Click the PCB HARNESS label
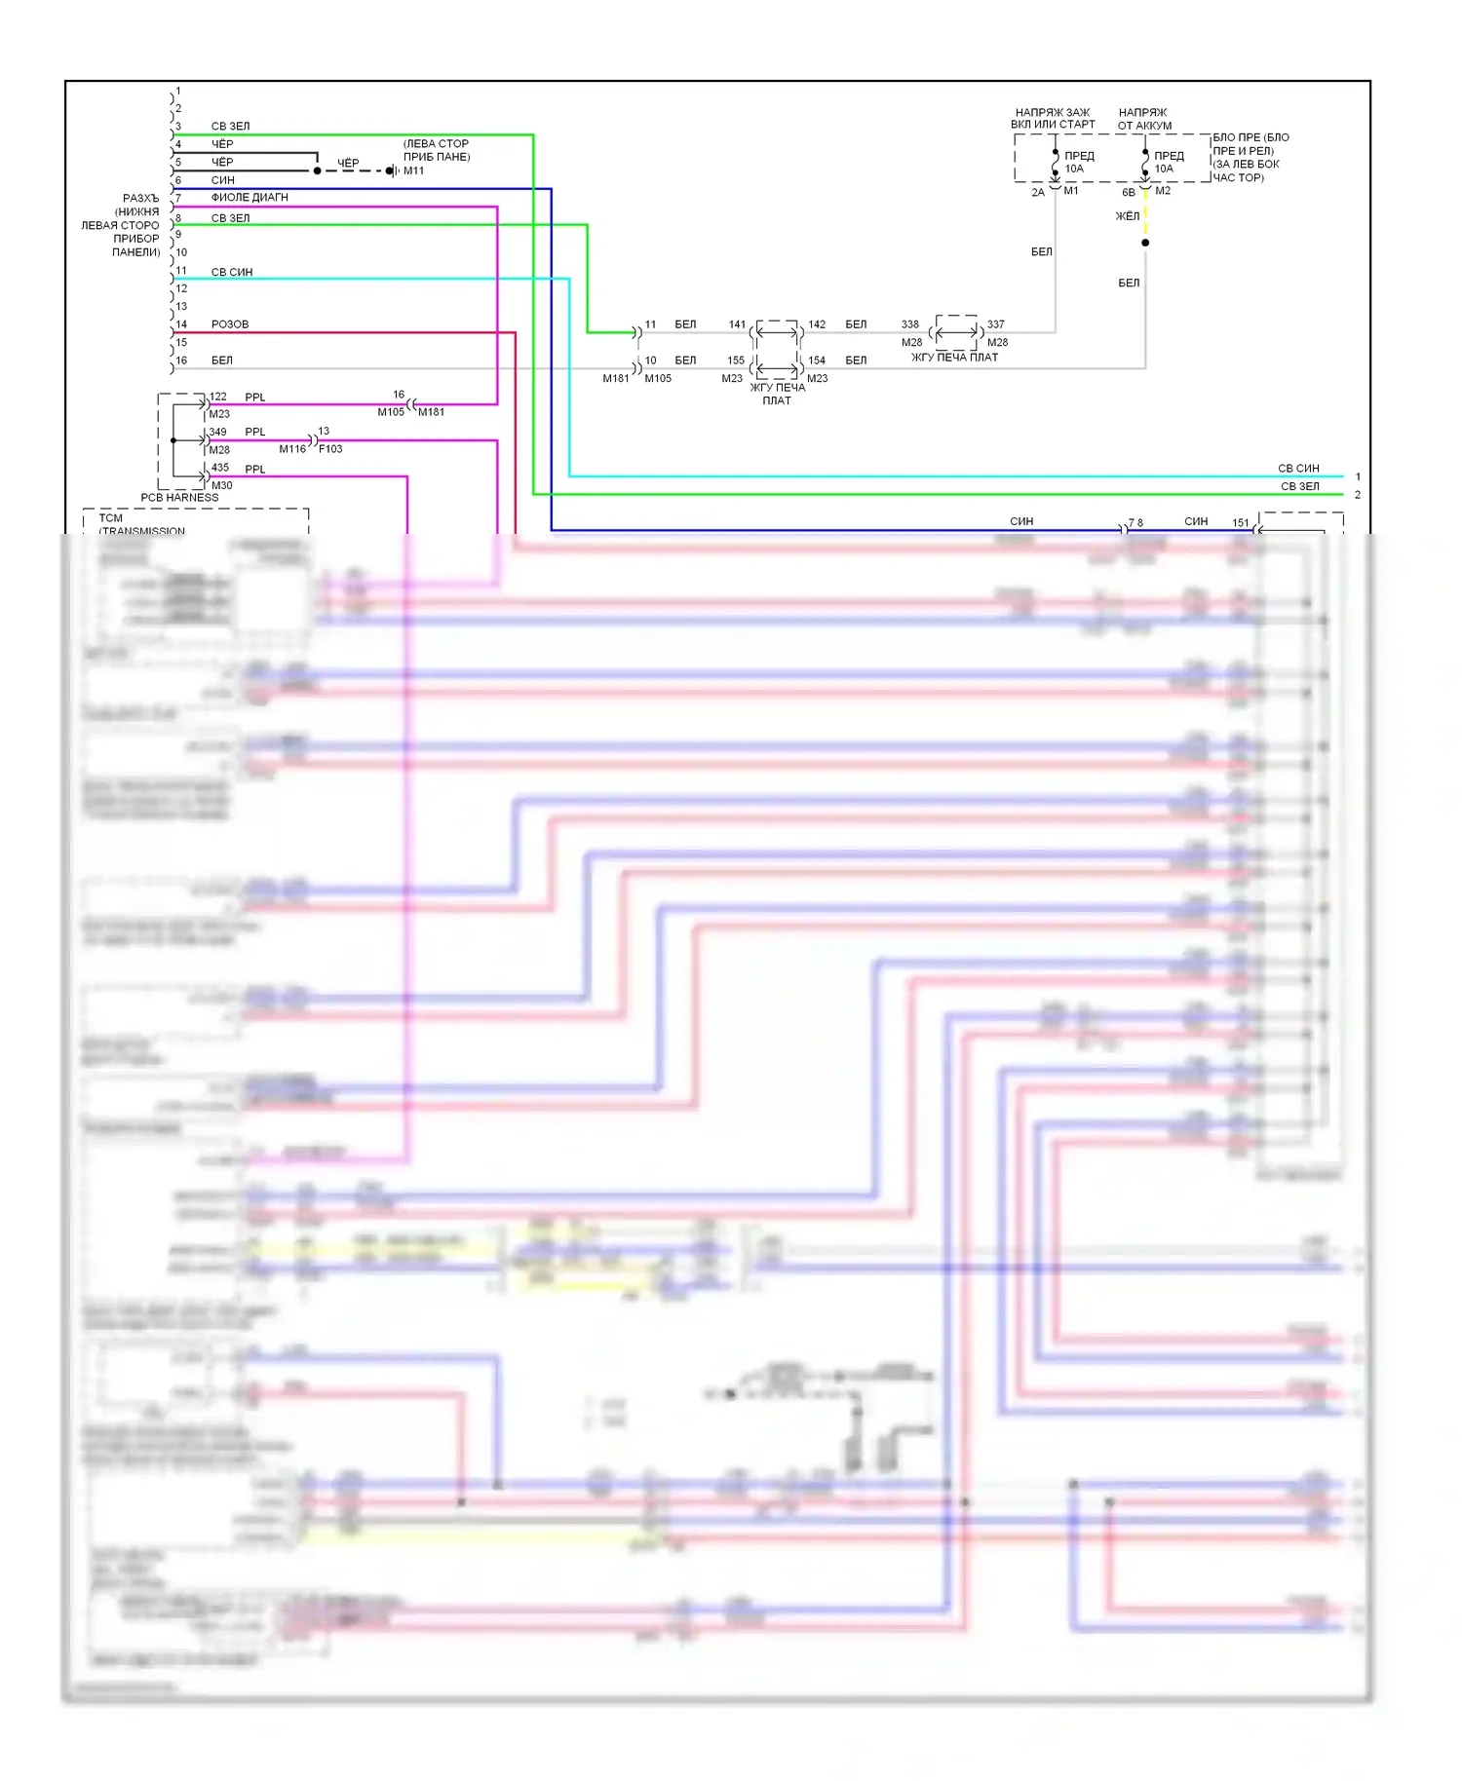pyautogui.click(x=179, y=497)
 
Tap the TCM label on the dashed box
pyautogui.click(x=110, y=518)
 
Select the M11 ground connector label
pyautogui.click(x=414, y=171)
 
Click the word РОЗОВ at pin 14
pyautogui.click(x=230, y=324)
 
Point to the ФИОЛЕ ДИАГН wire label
pyautogui.click(x=250, y=197)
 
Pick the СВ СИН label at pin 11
pyautogui.click(x=232, y=272)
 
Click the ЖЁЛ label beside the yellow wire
pyautogui.click(x=1127, y=216)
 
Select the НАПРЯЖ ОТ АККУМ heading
pyautogui.click(x=1144, y=119)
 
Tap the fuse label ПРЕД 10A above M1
pyautogui.click(x=1078, y=162)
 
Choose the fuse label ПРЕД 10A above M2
pyautogui.click(x=1168, y=162)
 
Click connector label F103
pyautogui.click(x=330, y=449)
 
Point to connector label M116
pyautogui.click(x=292, y=449)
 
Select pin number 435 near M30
pyautogui.click(x=220, y=468)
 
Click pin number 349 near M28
pyautogui.click(x=217, y=432)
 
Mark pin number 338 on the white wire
pyautogui.click(x=909, y=324)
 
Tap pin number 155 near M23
pyautogui.click(x=736, y=360)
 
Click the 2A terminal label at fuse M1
pyautogui.click(x=1038, y=193)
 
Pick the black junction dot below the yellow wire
pyautogui.click(x=1145, y=243)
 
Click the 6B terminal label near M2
pyautogui.click(x=1128, y=193)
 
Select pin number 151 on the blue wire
pyautogui.click(x=1240, y=522)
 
